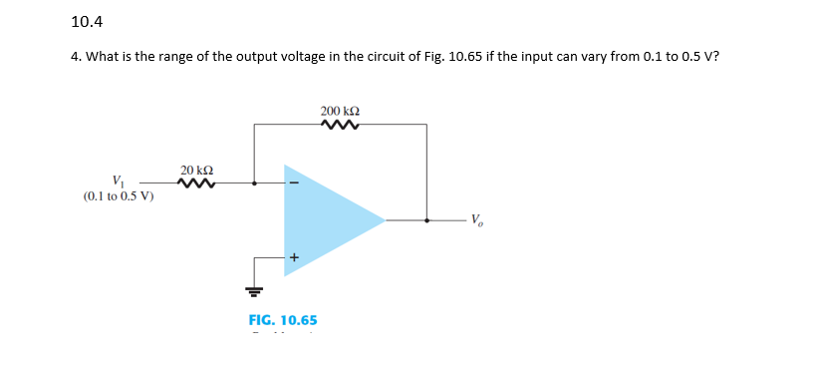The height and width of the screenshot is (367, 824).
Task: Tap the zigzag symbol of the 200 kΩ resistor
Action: (340, 126)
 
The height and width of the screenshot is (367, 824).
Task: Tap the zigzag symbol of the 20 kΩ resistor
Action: (196, 183)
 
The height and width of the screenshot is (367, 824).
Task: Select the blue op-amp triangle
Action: (324, 220)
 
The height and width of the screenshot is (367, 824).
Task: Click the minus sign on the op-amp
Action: (292, 183)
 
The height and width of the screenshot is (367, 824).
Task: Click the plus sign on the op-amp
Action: (294, 257)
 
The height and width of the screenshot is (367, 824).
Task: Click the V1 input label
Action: (119, 181)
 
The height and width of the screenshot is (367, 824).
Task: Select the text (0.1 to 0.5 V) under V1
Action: (119, 195)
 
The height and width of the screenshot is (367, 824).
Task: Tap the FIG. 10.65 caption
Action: (283, 320)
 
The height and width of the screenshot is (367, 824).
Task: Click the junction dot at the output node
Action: (427, 220)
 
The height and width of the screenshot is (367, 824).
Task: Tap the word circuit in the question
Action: (383, 57)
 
